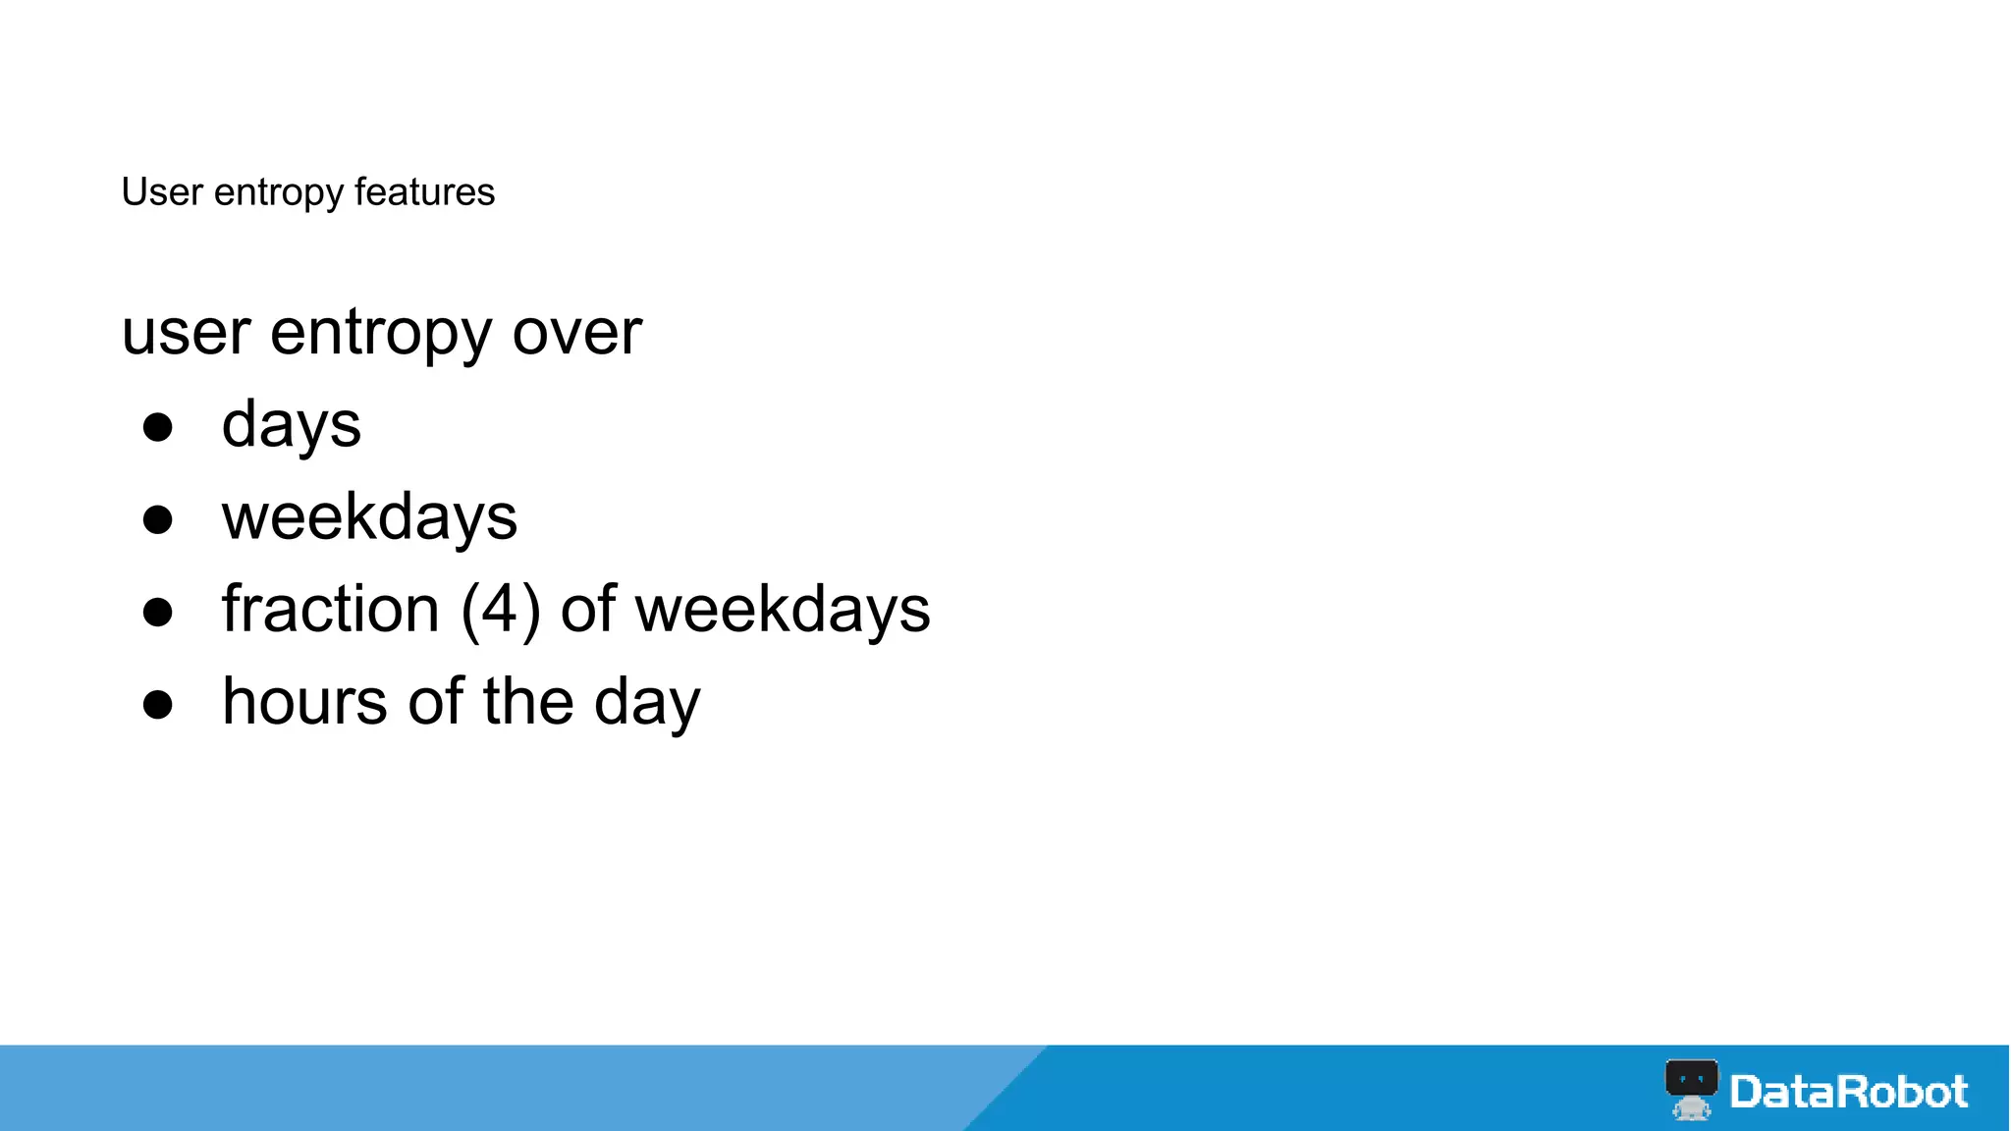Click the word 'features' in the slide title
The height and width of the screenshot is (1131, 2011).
(424, 192)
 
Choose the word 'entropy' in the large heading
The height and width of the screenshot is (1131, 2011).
(380, 335)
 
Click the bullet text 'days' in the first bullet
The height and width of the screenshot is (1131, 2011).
(292, 426)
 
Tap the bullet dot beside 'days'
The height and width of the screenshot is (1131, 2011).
(158, 427)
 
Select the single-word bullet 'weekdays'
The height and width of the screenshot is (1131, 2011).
(369, 517)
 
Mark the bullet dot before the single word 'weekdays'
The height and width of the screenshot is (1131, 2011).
(158, 519)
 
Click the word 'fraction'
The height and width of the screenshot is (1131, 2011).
(331, 610)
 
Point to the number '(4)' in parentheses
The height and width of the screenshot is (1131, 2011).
(501, 610)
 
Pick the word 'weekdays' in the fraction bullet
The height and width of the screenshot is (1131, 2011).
(783, 610)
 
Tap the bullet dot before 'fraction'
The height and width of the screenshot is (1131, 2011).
(158, 612)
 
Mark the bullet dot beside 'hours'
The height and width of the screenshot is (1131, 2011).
(158, 704)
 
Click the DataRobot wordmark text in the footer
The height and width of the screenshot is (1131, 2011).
(1849, 1092)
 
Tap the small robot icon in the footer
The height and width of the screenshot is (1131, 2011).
(1691, 1089)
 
